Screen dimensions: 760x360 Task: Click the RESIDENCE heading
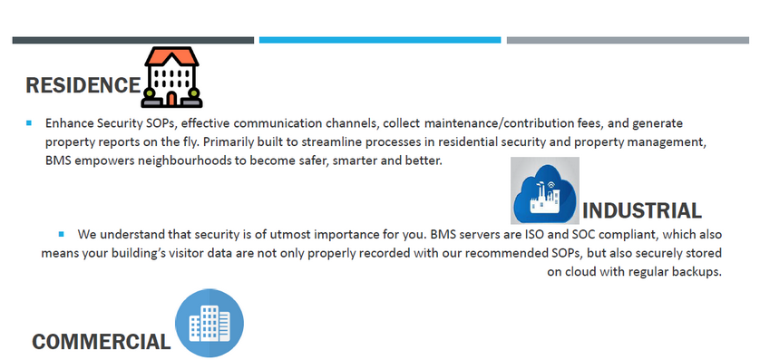click(x=83, y=85)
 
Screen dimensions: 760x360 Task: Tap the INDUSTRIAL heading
click(x=642, y=210)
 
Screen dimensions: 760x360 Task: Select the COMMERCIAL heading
click(x=102, y=342)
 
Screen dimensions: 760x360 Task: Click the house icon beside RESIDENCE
click(x=171, y=77)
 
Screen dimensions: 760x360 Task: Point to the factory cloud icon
click(x=545, y=190)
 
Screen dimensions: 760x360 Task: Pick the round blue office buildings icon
click(x=209, y=323)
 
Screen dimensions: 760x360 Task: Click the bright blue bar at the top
click(x=380, y=40)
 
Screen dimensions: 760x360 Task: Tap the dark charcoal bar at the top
click(x=133, y=40)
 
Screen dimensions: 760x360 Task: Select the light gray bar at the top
click(x=628, y=40)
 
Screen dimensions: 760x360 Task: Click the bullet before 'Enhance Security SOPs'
click(x=29, y=123)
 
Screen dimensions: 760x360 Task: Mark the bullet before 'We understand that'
click(x=61, y=235)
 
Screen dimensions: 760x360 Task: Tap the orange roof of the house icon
click(x=171, y=57)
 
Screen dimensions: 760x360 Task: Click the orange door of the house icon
click(x=171, y=99)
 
